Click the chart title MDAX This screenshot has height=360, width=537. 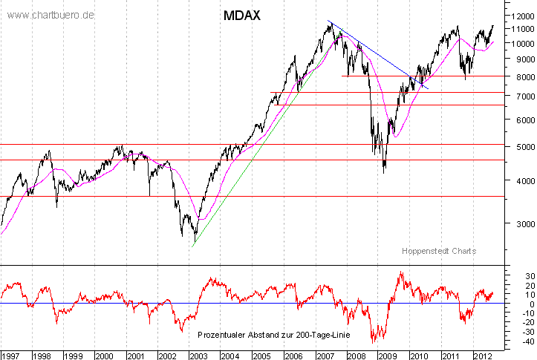pyautogui.click(x=241, y=15)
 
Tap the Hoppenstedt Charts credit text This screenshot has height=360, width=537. pyautogui.click(x=439, y=252)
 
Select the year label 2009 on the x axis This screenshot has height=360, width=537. pyautogui.click(x=385, y=355)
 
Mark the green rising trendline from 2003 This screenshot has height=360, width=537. pyautogui.click(x=245, y=171)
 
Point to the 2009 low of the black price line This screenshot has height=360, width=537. pyautogui.click(x=384, y=172)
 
